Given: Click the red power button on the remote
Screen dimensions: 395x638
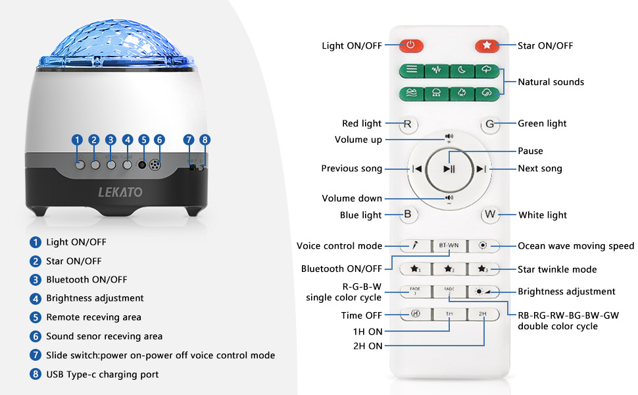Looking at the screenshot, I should click(x=411, y=45).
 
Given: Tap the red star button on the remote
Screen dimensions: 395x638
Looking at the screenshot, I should click(x=487, y=45).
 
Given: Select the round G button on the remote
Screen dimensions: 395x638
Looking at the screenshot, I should click(x=489, y=123).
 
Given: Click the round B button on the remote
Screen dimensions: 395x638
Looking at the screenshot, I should click(x=408, y=214).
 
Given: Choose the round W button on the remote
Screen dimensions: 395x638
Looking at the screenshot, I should click(x=489, y=214).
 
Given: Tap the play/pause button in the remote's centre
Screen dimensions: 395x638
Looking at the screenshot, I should click(x=449, y=169).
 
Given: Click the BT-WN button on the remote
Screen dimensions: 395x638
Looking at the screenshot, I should click(x=449, y=246).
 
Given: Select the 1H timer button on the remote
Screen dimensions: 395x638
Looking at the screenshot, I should click(x=449, y=314).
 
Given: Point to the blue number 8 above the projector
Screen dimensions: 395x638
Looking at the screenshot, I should click(x=205, y=140).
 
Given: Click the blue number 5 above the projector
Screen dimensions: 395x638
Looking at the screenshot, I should click(x=143, y=140).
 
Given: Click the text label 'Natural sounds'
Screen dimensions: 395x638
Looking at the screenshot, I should click(x=551, y=82).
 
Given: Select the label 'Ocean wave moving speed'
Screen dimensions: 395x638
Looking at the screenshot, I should click(x=576, y=246).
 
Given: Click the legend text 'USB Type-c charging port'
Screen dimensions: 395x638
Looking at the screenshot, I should click(x=102, y=374).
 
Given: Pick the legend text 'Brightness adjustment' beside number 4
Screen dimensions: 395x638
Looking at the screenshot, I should click(x=95, y=298).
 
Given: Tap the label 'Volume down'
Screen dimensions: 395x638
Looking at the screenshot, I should click(x=351, y=198).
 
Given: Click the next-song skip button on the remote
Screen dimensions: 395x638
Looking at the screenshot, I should click(x=481, y=169).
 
